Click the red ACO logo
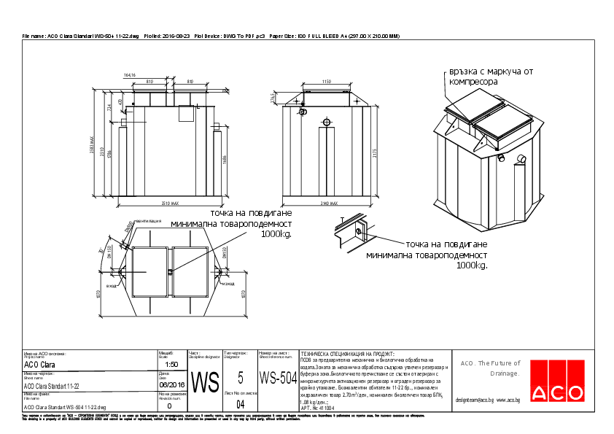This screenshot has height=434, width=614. (x=557, y=392)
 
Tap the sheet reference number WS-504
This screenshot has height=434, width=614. (x=279, y=378)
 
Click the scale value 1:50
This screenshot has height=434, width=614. (x=172, y=363)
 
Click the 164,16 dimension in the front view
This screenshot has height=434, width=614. (x=131, y=75)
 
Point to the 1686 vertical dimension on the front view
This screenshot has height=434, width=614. (x=225, y=159)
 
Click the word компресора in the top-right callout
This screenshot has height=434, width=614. (x=473, y=82)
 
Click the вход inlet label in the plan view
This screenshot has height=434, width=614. (x=112, y=286)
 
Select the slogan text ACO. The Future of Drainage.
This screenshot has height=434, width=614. (x=489, y=368)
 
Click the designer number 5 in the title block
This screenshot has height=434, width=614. (x=240, y=378)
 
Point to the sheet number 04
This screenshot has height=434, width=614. (x=241, y=403)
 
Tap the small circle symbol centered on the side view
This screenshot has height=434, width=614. (x=326, y=121)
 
